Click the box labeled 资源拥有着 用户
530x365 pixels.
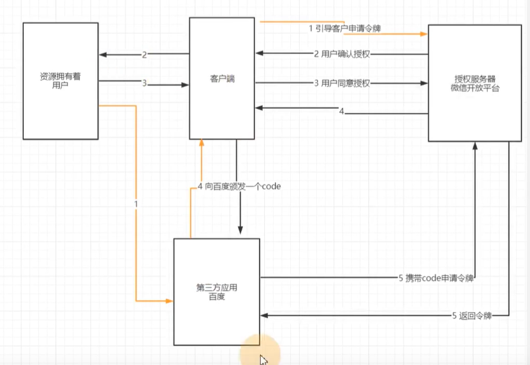60,81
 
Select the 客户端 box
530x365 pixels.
222,78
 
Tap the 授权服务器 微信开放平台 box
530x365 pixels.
475,83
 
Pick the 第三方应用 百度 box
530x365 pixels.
217,291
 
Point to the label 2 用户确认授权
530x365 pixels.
342,54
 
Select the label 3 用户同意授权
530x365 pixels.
342,83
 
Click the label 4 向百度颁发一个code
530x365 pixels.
239,186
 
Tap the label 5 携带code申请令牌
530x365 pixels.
437,277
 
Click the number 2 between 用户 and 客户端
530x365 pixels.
144,55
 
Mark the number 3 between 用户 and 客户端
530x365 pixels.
144,83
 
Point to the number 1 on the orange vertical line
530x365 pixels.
136,204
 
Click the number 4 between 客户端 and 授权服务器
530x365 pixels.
341,111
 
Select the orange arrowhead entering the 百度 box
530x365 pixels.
169,301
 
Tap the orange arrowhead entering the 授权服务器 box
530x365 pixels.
424,34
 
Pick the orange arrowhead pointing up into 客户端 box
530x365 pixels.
202,143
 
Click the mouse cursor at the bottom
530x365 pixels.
263,360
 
